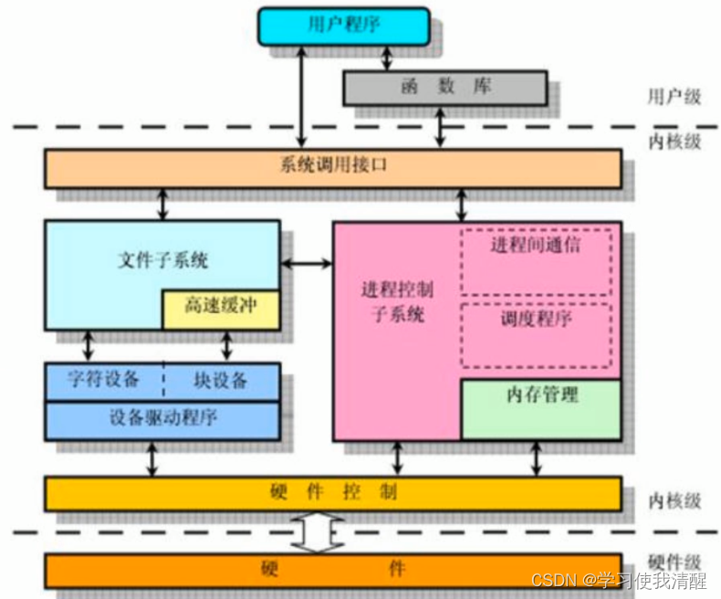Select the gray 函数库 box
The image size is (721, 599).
(444, 87)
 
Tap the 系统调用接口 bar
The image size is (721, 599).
(332, 168)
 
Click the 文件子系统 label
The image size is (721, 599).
(163, 260)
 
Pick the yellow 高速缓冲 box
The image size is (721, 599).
(220, 308)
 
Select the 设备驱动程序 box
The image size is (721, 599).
(162, 418)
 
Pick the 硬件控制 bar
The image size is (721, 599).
(332, 493)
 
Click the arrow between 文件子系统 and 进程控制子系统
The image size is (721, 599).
(306, 265)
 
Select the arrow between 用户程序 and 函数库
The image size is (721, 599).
(387, 58)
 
